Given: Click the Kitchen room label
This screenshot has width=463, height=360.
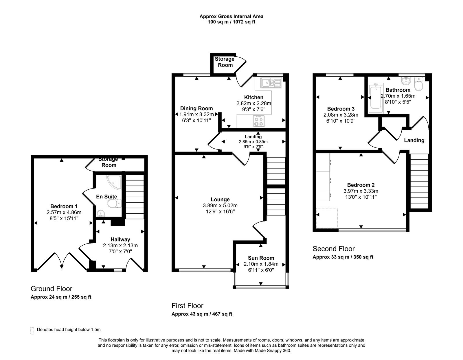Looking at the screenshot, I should point(253,97).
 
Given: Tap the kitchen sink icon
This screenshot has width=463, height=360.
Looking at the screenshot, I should point(271,83).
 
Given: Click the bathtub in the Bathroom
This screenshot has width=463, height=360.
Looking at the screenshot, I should point(375,98).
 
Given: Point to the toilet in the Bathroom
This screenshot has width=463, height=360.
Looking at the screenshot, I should point(419,84).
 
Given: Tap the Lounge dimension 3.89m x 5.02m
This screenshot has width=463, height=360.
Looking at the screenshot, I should point(220,206).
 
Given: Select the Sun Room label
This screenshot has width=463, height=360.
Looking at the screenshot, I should point(261,258).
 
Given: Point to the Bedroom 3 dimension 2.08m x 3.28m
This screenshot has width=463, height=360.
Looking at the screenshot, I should point(341,115).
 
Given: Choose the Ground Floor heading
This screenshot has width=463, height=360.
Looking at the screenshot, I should point(51,289).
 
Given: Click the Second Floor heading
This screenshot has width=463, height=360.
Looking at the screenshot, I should point(333,249).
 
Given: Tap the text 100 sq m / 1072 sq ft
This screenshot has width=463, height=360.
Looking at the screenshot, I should point(231,22).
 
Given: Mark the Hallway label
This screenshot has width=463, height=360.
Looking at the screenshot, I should point(120,239).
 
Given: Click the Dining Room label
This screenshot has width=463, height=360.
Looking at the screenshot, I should point(196,108).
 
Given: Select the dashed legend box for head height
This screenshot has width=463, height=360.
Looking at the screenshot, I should point(32,331).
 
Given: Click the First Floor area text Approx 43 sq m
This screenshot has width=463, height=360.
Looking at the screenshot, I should point(202,314).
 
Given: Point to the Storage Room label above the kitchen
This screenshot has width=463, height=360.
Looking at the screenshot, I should point(225,62).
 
